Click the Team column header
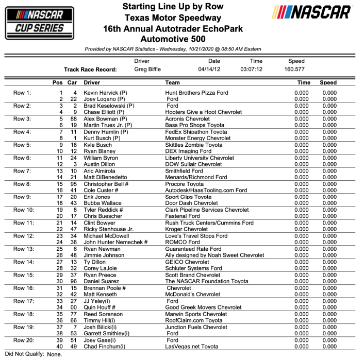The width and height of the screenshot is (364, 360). [x=172, y=82]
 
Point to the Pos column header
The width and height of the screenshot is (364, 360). [x=58, y=82]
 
